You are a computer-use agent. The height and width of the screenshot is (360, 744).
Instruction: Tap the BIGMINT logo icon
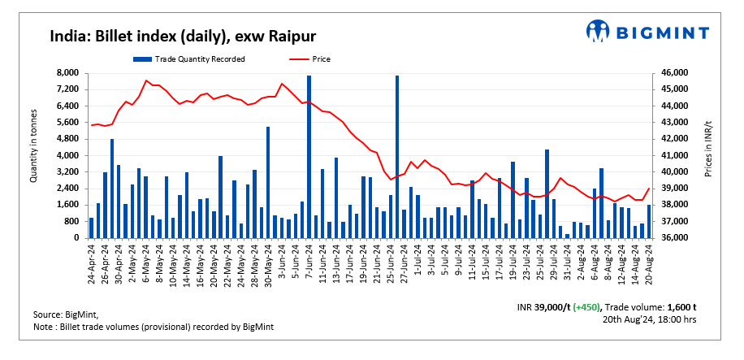pyautogui.click(x=599, y=32)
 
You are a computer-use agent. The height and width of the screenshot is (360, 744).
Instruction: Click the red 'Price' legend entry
pyautogui.click(x=311, y=59)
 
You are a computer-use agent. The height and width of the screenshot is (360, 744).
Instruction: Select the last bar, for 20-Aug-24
pyautogui.click(x=648, y=221)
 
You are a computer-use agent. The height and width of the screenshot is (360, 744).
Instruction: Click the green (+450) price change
pyautogui.click(x=588, y=307)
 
